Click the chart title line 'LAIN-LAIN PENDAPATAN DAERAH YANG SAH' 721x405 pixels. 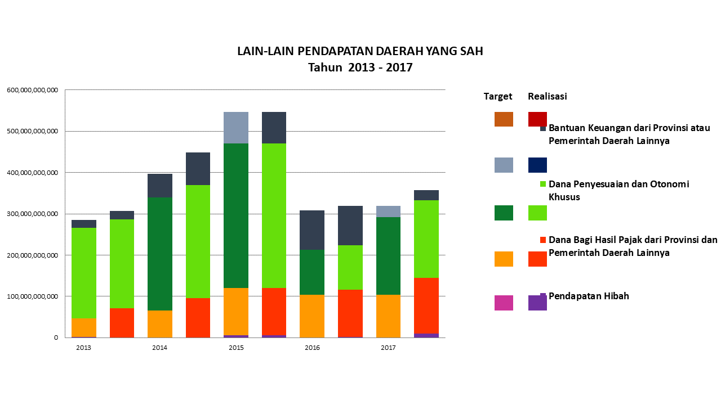[x=360, y=51]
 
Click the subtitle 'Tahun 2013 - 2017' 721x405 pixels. [x=360, y=68]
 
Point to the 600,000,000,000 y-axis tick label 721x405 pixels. [x=32, y=90]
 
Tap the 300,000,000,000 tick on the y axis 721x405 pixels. [x=32, y=214]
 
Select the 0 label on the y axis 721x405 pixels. [x=56, y=337]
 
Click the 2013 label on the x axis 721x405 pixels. [x=83, y=348]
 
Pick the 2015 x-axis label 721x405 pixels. [x=236, y=348]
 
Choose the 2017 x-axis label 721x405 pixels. [x=388, y=348]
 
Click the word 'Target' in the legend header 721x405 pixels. [x=498, y=96]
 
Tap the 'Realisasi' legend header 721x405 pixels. [x=547, y=96]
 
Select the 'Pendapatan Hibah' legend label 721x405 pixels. [x=589, y=296]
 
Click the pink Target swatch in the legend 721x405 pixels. [x=504, y=303]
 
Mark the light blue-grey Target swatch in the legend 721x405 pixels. [x=504, y=165]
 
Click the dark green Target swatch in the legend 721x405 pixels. [x=504, y=213]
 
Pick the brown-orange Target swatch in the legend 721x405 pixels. [x=504, y=119]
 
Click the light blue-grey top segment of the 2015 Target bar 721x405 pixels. [x=236, y=128]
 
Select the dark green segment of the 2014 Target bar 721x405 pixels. [x=160, y=254]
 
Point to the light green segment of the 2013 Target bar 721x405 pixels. [x=83, y=273]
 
